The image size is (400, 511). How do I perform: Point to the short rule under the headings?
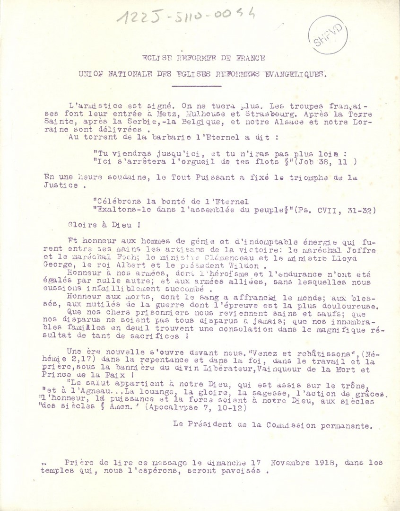(190, 86)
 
